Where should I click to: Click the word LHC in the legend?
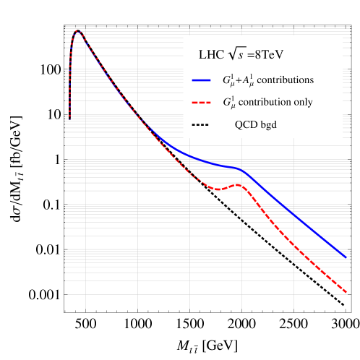pyautogui.click(x=210, y=54)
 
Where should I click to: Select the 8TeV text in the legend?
pyautogui.click(x=274, y=54)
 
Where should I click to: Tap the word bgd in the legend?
pyautogui.click(x=268, y=125)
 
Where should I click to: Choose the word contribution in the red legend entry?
pyautogui.click(x=264, y=102)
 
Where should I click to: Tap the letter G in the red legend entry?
pyautogui.click(x=226, y=102)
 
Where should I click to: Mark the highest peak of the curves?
pyautogui.click(x=79, y=31)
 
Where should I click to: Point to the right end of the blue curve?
pyautogui.click(x=346, y=257)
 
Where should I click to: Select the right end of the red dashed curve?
pyautogui.click(x=346, y=293)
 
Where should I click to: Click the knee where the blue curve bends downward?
pyautogui.click(x=243, y=170)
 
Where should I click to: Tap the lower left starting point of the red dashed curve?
pyautogui.click(x=69, y=117)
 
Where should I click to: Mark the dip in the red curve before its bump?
pyautogui.click(x=217, y=189)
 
